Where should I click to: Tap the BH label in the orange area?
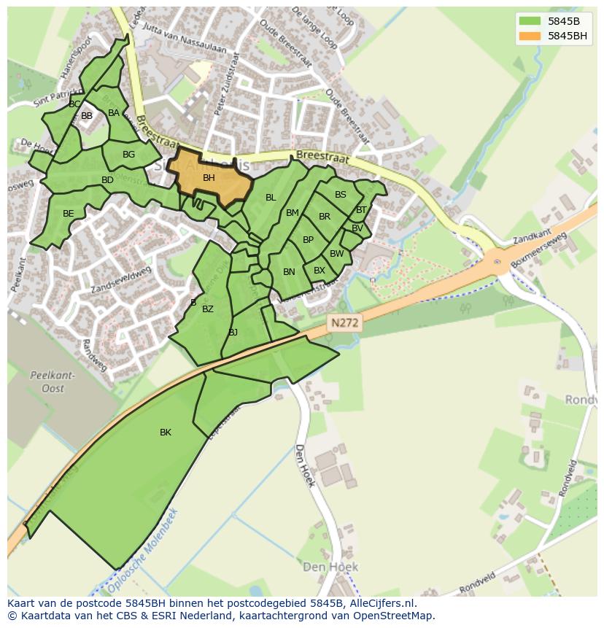point(209,178)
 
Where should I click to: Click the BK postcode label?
point(166,433)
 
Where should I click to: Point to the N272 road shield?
point(344,322)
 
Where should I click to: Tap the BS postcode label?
point(341,195)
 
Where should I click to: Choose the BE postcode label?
point(69,214)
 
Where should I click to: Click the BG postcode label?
point(128,155)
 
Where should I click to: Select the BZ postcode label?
point(208,309)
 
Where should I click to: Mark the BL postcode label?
point(271,198)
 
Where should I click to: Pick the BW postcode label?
point(336,254)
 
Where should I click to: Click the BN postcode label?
point(289,272)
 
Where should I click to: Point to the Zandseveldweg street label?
point(121,280)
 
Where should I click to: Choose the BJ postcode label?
point(233,333)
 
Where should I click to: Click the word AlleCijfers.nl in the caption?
point(379,603)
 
